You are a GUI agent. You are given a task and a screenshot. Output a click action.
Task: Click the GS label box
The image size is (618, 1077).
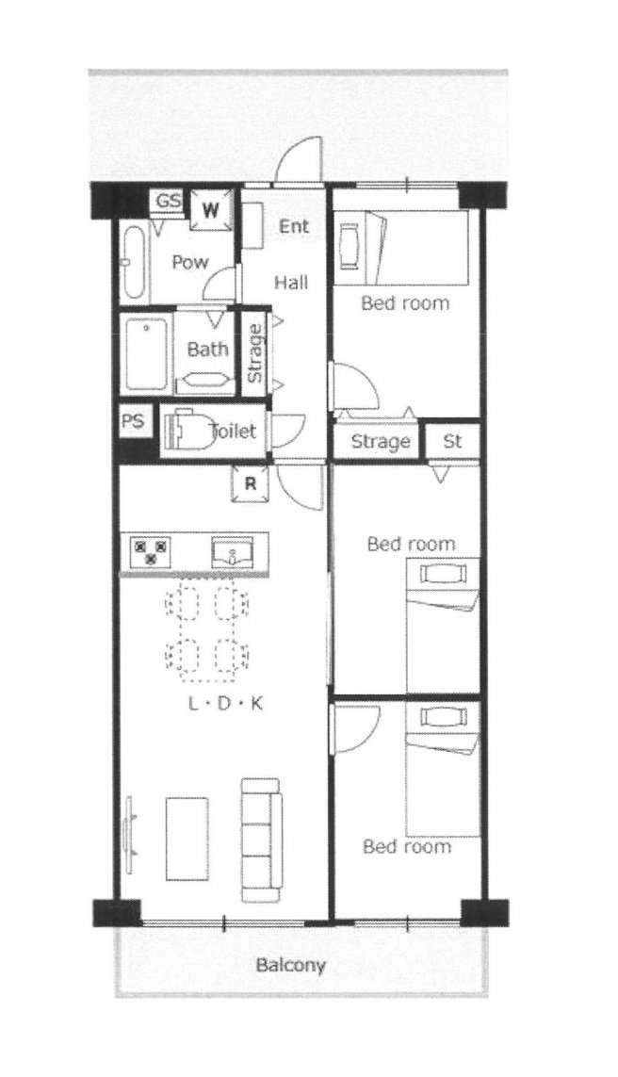coord(169,202)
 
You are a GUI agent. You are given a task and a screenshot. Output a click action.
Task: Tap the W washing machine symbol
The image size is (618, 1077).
coord(211,209)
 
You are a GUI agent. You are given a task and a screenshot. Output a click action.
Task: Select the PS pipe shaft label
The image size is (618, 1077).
coord(134,420)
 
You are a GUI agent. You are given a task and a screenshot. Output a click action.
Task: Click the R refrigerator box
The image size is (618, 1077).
coord(250,483)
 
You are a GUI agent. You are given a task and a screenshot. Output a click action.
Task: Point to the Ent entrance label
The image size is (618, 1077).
coord(293,226)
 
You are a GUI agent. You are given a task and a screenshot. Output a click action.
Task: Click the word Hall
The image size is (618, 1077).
coord(291,282)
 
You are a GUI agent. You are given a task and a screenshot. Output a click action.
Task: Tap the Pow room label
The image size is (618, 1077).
coord(190,262)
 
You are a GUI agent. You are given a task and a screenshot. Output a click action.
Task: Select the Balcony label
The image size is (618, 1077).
coord(290,965)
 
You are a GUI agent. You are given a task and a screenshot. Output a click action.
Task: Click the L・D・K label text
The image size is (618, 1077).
coord(225,703)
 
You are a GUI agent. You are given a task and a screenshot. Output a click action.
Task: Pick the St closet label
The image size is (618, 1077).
coord(452,441)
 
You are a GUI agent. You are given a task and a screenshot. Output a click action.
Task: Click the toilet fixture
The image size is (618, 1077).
coord(187,432)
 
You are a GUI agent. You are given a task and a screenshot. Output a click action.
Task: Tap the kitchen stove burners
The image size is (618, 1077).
coord(151,551)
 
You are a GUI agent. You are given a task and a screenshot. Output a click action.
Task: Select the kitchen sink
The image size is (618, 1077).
coord(233,552)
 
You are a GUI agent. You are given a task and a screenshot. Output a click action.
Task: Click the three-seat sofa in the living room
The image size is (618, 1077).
coord(261,840)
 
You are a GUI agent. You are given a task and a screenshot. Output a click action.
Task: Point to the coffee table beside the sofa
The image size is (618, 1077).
coord(187,839)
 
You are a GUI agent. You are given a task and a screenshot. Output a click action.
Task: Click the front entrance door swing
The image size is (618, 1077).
coord(298,161)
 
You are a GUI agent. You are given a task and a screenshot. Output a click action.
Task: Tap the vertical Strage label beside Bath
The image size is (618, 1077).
coord(254,352)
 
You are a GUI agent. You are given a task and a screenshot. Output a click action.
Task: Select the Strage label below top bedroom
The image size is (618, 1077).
coord(381,442)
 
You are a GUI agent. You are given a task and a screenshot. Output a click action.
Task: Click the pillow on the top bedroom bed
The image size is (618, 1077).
coord(350,247)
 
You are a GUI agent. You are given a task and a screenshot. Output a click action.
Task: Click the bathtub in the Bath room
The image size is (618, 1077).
coord(147,353)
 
